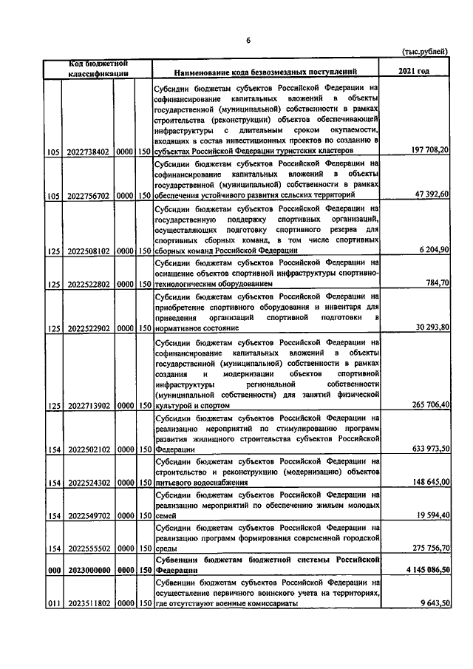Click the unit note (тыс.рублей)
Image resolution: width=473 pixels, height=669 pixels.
coord(424,52)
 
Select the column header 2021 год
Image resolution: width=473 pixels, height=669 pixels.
coord(412,72)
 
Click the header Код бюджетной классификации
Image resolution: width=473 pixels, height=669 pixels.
coord(99,67)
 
